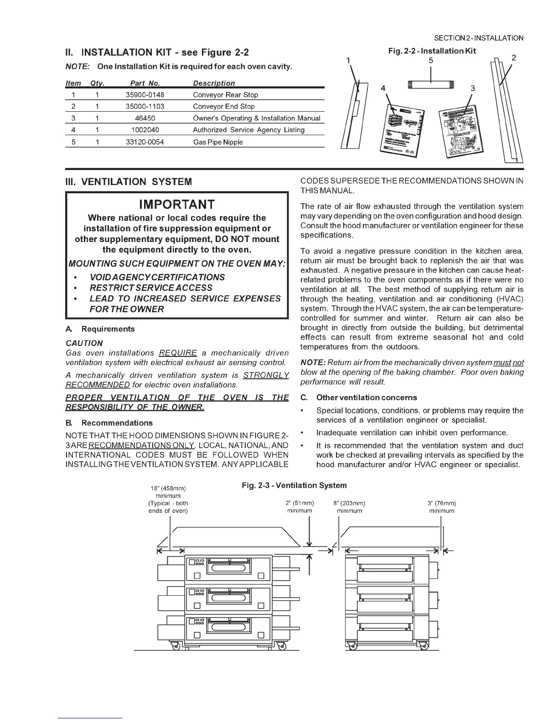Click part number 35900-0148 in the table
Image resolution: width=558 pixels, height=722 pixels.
click(x=145, y=95)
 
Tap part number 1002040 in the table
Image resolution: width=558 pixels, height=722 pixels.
click(x=145, y=130)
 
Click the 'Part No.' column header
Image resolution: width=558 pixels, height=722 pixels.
click(x=145, y=83)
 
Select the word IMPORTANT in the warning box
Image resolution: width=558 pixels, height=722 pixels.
click(x=177, y=204)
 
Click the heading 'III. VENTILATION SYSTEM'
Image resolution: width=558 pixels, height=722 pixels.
click(x=129, y=182)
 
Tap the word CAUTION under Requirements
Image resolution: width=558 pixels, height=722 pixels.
click(x=84, y=343)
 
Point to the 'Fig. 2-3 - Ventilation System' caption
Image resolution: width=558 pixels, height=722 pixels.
click(x=294, y=485)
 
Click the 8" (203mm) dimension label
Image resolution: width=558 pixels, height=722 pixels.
click(x=349, y=504)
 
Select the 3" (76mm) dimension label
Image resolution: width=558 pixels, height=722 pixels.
click(x=441, y=504)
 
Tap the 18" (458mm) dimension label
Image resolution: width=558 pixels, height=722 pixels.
click(x=168, y=489)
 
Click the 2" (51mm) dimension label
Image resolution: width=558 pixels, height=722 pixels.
click(x=299, y=504)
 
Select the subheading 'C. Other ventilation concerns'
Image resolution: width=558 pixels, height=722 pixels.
click(x=360, y=397)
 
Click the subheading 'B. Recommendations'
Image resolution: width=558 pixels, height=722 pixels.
click(x=109, y=423)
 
